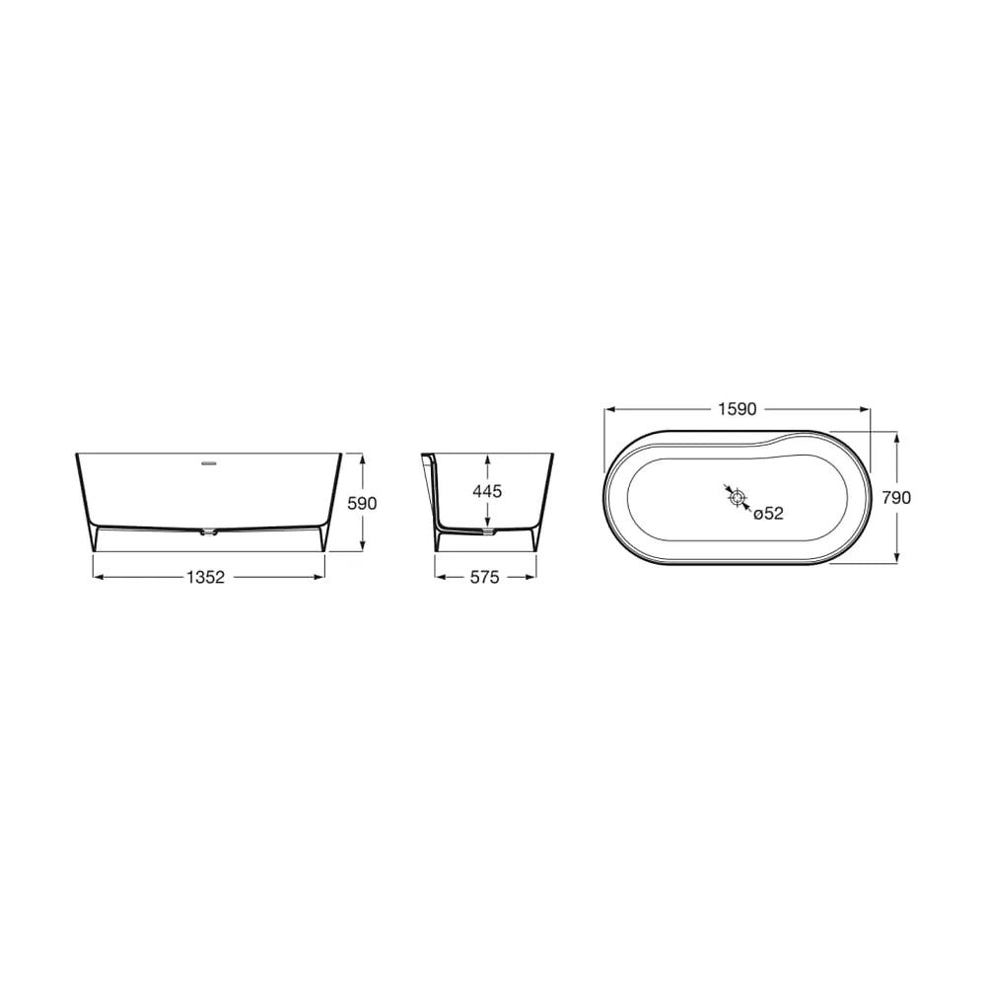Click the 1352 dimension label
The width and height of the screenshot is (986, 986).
point(206,577)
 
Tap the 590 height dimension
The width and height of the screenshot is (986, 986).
point(362,503)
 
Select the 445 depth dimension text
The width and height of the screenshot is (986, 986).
point(487,490)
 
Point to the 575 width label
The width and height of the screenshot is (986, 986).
point(485,577)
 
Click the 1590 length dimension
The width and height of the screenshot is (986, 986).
point(737,409)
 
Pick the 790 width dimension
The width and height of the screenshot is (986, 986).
point(896,497)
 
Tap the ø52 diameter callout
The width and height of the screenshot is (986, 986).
point(768,514)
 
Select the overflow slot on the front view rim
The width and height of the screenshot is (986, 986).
point(208,464)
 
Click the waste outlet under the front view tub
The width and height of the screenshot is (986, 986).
point(207,533)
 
